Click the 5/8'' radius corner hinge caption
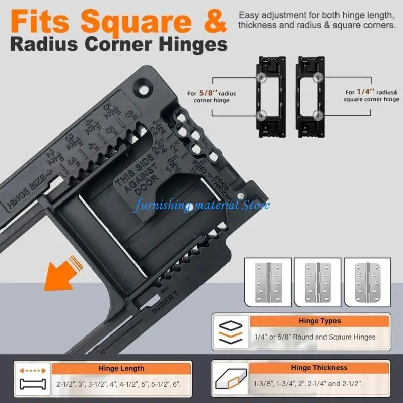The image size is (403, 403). pos(211,97)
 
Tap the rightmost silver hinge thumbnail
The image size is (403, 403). pos(365,282)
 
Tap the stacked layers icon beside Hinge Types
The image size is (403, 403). pos(231,333)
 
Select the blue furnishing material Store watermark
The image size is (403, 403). pos(201,205)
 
